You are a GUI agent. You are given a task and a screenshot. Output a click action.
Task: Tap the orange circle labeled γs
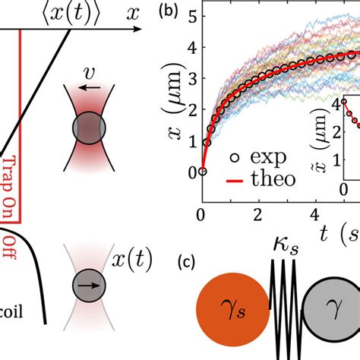233,314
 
